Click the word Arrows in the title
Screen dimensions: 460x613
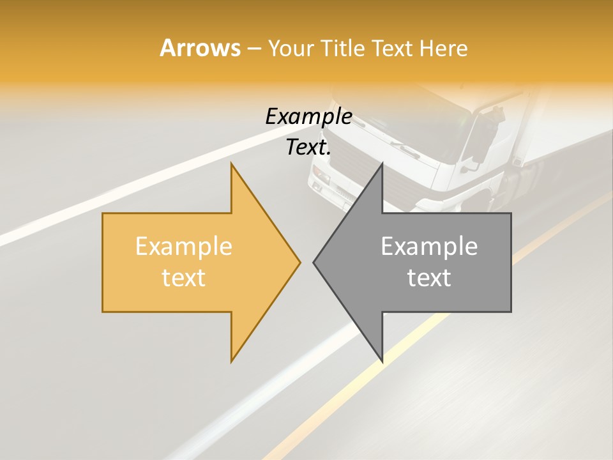(x=200, y=48)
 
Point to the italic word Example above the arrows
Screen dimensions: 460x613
(x=308, y=117)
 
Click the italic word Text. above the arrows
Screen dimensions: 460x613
(x=308, y=148)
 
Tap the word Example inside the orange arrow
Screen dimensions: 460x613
(x=183, y=247)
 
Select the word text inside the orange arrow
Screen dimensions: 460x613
(x=183, y=278)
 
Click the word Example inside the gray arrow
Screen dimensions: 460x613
(x=429, y=247)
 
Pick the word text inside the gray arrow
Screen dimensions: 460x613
(x=429, y=278)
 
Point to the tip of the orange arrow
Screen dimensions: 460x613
(x=299, y=262)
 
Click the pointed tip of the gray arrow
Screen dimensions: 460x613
(x=314, y=262)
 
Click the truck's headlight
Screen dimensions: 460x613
(x=319, y=179)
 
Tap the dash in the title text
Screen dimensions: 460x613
(x=254, y=49)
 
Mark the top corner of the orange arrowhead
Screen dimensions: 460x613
(x=231, y=164)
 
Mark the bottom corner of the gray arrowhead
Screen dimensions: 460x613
(x=382, y=362)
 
